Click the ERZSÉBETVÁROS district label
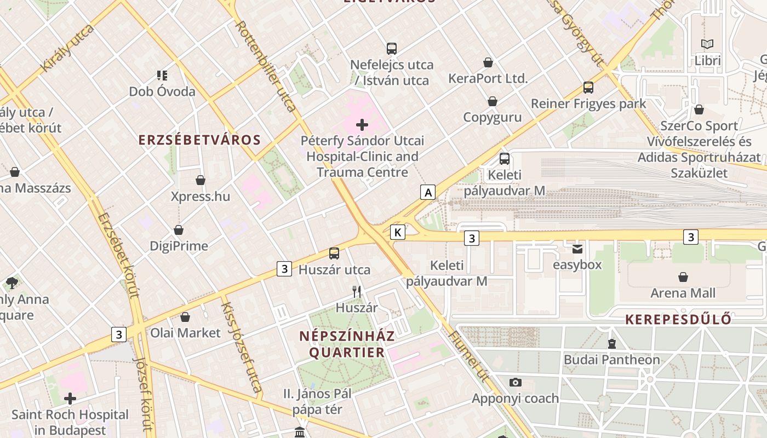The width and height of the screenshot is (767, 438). tap(199, 140)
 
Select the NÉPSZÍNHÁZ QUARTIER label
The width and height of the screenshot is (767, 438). tap(346, 344)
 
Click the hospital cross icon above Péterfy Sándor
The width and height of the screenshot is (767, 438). tap(362, 125)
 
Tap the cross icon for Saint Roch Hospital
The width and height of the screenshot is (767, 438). tap(70, 399)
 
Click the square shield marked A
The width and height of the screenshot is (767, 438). tap(428, 192)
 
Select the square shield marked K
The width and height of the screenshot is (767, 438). tap(398, 232)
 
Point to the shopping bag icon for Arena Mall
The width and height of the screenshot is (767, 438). tap(683, 277)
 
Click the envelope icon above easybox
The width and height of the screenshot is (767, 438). tap(577, 249)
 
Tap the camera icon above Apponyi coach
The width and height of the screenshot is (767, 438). tap(515, 382)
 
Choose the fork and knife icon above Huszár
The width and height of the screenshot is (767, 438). tap(357, 291)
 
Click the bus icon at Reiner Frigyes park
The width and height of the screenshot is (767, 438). tap(588, 88)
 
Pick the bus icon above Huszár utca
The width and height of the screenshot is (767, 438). tap(334, 253)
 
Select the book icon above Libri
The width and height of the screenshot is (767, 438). tap(707, 44)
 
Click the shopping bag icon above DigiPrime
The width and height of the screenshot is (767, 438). tap(179, 230)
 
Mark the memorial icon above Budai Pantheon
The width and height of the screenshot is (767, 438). tap(611, 344)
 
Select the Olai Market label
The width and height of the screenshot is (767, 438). tap(185, 333)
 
